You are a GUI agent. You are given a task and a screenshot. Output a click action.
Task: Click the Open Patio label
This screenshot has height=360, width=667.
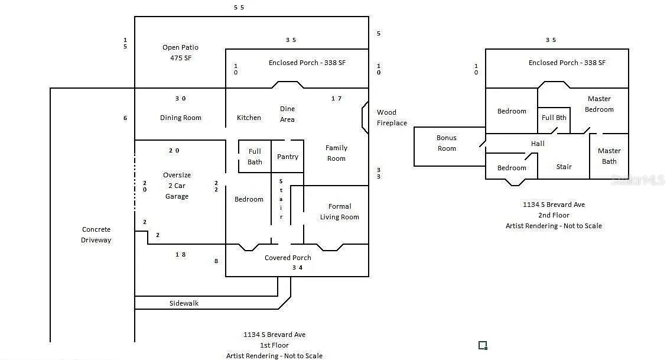pos(180,47)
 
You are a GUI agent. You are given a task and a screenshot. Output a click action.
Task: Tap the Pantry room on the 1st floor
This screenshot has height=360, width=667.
pos(288,157)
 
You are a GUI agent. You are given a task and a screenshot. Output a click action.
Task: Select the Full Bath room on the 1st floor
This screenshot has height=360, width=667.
pos(255,157)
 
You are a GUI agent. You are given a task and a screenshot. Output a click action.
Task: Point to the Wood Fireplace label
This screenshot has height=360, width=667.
pos(392,118)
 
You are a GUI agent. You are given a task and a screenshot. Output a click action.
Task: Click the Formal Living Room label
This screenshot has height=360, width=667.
pos(339,212)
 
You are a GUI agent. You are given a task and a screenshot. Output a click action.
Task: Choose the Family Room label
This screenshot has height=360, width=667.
pos(336,153)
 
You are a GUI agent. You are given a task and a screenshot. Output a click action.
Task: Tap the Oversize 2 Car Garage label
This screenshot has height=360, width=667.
pos(177,186)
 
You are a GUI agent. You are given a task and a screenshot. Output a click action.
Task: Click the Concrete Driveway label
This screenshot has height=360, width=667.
pos(96,235)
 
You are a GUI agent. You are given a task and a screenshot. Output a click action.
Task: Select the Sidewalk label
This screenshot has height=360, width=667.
pos(184,303)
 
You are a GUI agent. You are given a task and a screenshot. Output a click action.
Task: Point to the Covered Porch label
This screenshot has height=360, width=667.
pos(288,258)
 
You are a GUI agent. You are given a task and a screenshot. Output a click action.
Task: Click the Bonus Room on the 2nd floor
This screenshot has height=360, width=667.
pos(447,143)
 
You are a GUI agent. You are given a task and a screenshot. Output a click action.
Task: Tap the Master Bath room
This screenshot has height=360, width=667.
pos(609,156)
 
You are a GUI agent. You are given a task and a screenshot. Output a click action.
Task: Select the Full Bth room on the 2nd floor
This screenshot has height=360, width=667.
pos(554,118)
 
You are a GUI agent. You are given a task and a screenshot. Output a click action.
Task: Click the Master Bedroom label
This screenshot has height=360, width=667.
pos(599,104)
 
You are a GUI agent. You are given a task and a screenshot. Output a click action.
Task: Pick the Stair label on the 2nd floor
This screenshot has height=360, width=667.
pos(564,167)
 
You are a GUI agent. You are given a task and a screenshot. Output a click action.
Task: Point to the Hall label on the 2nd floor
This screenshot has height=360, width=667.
pos(538,144)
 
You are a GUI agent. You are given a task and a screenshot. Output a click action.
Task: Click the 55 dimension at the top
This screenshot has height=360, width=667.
pos(239,8)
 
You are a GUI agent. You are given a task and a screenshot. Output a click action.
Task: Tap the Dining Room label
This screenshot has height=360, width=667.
pos(180,118)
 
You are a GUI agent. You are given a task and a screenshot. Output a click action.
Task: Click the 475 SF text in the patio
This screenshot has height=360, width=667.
pos(180,58)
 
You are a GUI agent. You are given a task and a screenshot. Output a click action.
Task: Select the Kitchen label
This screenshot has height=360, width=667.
pos(249,118)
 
